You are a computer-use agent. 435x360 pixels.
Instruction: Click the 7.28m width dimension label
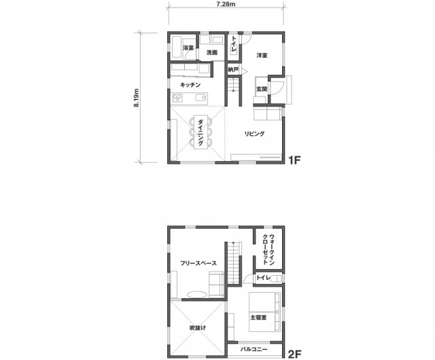(226, 5)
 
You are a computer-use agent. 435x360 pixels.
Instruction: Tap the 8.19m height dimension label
(136, 97)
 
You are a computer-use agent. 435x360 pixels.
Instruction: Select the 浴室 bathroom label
(188, 48)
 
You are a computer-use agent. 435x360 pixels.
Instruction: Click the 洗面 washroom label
(211, 52)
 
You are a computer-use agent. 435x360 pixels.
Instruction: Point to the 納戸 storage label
(233, 69)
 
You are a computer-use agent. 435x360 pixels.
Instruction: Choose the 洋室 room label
(262, 56)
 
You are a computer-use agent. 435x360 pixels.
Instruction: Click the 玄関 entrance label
(261, 89)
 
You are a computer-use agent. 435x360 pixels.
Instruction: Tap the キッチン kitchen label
(190, 85)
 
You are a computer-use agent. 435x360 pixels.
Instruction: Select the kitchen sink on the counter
(201, 98)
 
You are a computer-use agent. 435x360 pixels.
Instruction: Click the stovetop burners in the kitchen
(177, 98)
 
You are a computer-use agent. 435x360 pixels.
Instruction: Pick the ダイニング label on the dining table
(200, 132)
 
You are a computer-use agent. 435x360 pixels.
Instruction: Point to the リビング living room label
(254, 134)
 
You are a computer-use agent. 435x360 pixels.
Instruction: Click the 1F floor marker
(294, 160)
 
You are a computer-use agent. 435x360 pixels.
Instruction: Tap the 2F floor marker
(294, 354)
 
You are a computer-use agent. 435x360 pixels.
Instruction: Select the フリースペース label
(198, 263)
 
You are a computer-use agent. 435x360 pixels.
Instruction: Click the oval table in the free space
(196, 293)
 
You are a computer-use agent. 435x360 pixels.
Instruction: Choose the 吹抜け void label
(198, 327)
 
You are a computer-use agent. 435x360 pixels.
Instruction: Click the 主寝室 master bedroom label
(258, 317)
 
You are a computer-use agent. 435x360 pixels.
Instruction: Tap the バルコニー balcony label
(254, 349)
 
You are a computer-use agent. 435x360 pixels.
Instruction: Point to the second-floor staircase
(234, 263)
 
